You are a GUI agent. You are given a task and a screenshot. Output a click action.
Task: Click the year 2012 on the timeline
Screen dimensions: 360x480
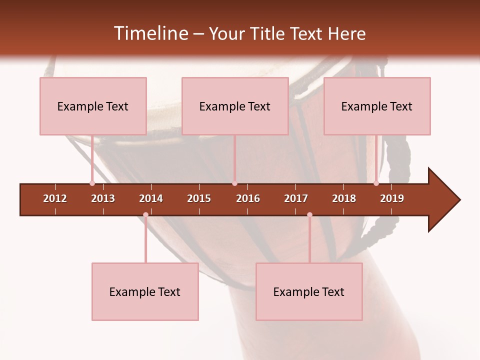[55, 198]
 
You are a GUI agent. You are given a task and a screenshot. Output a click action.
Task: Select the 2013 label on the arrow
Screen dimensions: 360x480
[103, 198]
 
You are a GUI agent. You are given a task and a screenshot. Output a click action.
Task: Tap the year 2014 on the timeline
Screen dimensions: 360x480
[151, 198]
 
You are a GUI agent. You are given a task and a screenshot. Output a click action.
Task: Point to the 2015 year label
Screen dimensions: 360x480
[199, 198]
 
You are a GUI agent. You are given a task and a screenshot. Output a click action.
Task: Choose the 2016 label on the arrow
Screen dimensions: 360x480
[248, 198]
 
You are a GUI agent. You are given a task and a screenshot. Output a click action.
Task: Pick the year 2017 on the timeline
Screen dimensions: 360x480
[296, 198]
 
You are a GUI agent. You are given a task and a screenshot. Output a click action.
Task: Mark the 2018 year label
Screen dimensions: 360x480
[344, 198]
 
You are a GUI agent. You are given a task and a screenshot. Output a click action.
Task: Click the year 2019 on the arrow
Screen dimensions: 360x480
[392, 198]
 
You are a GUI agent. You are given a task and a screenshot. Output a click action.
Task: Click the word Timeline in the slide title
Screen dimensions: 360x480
[150, 33]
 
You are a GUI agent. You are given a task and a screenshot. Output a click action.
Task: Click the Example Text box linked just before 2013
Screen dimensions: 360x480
[93, 106]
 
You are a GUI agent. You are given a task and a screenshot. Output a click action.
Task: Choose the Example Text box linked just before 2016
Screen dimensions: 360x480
[235, 106]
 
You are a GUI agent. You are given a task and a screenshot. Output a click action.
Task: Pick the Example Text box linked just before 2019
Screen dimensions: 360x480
[377, 106]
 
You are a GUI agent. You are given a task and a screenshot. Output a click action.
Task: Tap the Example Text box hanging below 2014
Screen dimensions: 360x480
[145, 291]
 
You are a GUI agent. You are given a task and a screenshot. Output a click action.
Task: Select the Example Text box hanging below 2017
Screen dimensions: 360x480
[309, 291]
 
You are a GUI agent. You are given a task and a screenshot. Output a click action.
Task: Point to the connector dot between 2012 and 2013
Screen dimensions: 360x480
[92, 183]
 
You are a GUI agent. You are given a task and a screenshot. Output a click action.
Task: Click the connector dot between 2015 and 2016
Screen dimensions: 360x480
[234, 183]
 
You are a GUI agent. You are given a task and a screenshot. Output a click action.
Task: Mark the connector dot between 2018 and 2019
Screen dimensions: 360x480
[376, 183]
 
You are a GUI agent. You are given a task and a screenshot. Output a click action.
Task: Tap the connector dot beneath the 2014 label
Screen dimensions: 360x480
[145, 215]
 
